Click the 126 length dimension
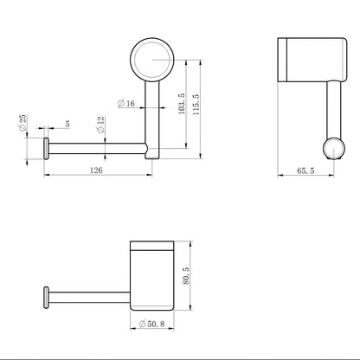pyautogui.click(x=96, y=170)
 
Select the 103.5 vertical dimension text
pyautogui.click(x=182, y=104)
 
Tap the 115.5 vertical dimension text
pyautogui.click(x=196, y=105)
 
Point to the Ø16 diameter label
pyautogui.click(x=126, y=103)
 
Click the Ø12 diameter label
pyautogui.click(x=100, y=125)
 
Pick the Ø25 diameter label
pyautogui.click(x=22, y=123)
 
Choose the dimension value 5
pyautogui.click(x=67, y=124)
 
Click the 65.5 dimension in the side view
pyautogui.click(x=305, y=170)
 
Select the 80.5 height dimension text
pyautogui.click(x=186, y=275)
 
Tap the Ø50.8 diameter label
pyautogui.click(x=151, y=324)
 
